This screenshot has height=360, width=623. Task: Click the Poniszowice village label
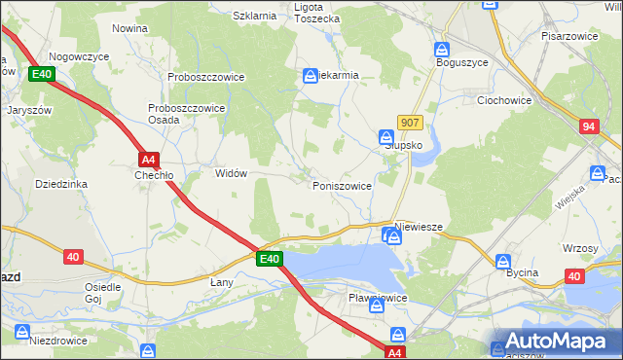click(341, 185)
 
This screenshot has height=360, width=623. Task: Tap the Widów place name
click(231, 173)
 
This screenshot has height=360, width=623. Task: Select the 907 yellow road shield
click(410, 123)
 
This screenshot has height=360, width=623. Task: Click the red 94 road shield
click(589, 126)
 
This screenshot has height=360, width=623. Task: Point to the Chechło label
click(154, 175)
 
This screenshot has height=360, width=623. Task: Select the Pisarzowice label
click(569, 35)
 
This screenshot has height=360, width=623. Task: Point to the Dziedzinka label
click(61, 183)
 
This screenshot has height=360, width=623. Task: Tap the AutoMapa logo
click(555, 342)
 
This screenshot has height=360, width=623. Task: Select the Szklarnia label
click(255, 16)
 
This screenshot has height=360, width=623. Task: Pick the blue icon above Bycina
click(503, 261)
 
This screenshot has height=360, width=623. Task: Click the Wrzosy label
click(580, 248)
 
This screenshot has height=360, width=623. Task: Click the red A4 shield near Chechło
click(148, 159)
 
